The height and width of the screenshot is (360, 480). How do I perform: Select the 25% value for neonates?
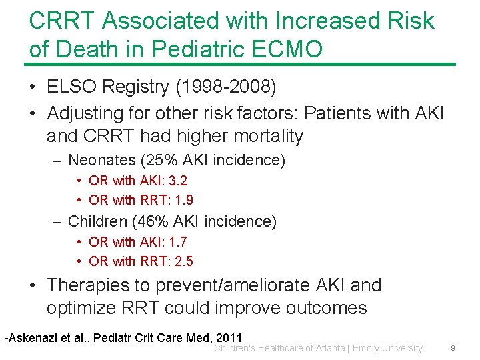coord(165,160)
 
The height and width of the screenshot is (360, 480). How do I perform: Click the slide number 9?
coord(453,348)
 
